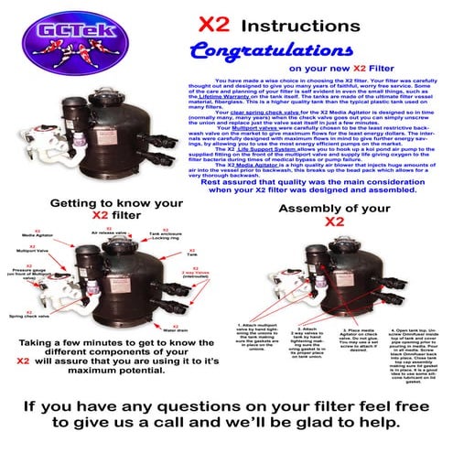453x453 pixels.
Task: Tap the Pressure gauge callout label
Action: [25, 275]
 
